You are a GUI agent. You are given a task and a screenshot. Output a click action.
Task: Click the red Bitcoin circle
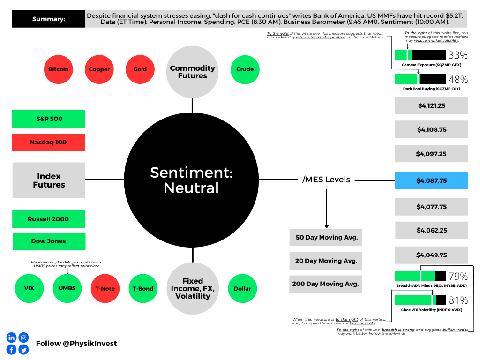click(59, 69)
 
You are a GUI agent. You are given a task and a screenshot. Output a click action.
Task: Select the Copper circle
click(99, 69)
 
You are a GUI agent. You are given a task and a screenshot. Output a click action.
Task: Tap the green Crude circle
click(245, 69)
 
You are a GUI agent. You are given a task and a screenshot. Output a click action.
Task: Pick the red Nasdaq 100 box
click(48, 142)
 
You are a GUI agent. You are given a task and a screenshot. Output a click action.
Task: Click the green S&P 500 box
click(48, 119)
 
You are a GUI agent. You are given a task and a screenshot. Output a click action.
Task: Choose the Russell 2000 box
click(49, 219)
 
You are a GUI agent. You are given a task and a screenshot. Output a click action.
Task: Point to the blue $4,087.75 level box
click(431, 180)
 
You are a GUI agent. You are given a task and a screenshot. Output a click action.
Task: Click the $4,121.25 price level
click(431, 105)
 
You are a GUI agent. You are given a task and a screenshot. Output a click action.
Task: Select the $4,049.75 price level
click(431, 255)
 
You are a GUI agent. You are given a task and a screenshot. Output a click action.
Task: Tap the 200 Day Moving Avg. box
click(326, 284)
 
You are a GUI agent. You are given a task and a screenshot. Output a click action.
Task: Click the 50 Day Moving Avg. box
click(326, 237)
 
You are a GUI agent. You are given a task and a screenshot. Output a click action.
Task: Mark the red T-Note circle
click(105, 288)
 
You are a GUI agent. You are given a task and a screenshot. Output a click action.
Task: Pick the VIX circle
click(29, 288)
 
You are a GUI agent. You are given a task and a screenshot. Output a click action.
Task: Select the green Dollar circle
click(242, 288)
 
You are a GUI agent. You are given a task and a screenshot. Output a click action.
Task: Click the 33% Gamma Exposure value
click(458, 55)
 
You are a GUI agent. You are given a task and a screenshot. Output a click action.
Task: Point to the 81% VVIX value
click(458, 300)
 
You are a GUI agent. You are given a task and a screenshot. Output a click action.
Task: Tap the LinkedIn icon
click(12, 337)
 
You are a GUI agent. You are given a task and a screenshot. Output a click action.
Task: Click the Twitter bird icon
click(23, 349)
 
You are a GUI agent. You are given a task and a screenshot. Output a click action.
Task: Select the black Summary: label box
click(48, 19)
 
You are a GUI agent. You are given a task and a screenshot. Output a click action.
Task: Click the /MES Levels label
click(326, 180)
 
